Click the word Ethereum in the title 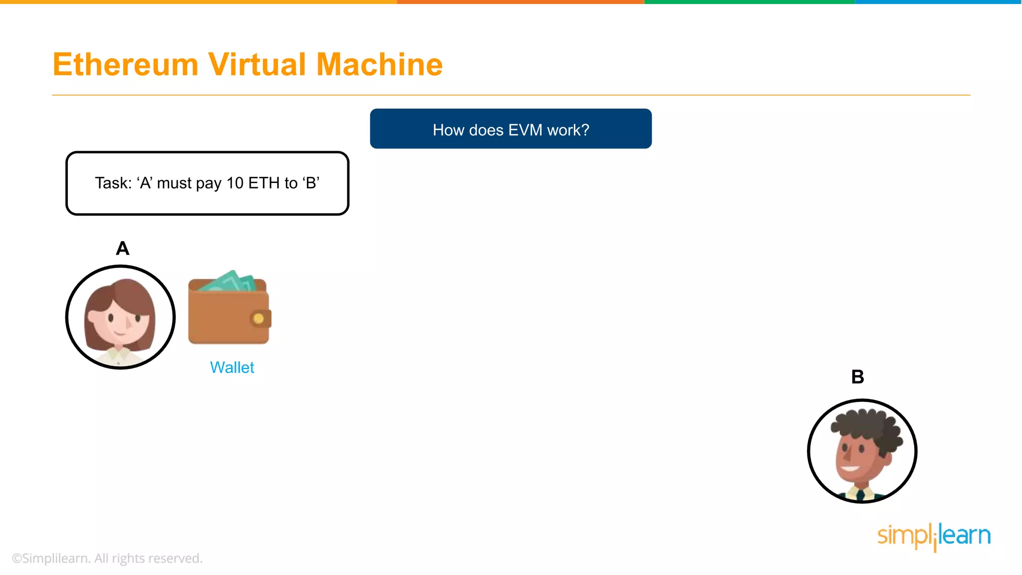125,65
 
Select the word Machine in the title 379,65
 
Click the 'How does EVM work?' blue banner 511,129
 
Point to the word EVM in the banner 525,130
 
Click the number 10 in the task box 235,183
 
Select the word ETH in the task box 264,183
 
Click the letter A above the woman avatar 122,248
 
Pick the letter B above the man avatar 857,377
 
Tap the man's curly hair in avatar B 868,424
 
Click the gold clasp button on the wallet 258,318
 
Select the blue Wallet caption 232,367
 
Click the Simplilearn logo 934,536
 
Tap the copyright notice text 107,558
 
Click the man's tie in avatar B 860,494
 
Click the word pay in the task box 209,184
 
